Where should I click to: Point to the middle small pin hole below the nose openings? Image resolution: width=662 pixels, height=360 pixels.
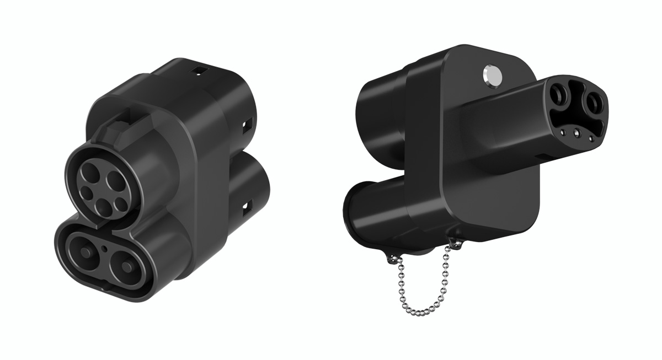pos(576,132)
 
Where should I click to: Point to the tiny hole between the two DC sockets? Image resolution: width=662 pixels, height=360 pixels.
pos(105,249)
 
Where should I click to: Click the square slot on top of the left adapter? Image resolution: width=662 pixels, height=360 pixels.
pos(197,71)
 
